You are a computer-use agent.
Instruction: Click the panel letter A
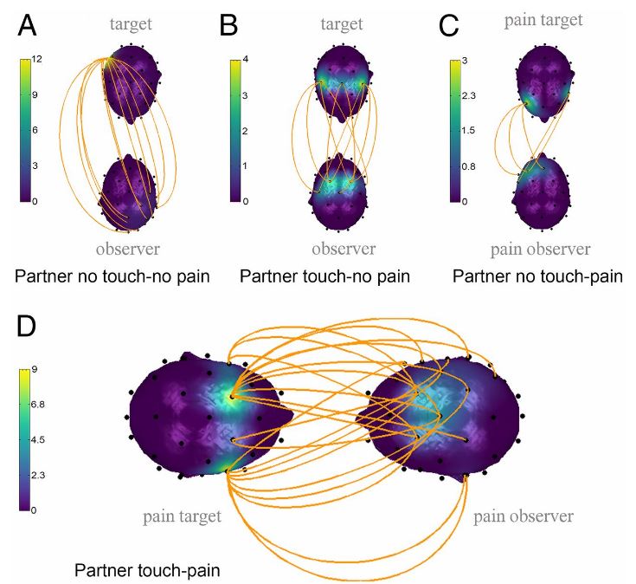(x=29, y=27)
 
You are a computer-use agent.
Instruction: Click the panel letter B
(x=229, y=27)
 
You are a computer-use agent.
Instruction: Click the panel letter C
(x=448, y=27)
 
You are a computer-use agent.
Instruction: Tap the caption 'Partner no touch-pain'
(x=537, y=277)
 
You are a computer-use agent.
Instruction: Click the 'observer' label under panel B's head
(x=344, y=249)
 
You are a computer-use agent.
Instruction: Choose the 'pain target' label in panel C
(x=543, y=19)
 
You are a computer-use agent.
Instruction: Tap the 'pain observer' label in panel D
(x=523, y=516)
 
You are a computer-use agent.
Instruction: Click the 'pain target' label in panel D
(x=182, y=516)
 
